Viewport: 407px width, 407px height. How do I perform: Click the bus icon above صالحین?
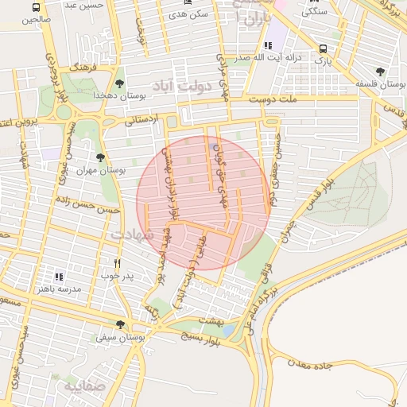(x=35, y=6)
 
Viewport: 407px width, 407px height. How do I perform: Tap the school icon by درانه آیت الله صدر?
(x=266, y=45)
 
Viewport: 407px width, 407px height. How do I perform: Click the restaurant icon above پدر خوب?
(x=118, y=262)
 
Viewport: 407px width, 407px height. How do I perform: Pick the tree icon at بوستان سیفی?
(x=120, y=324)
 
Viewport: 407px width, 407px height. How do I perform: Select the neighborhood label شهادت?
(x=131, y=235)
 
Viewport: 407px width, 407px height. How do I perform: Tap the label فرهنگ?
(x=82, y=68)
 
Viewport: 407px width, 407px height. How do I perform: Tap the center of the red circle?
(x=202, y=203)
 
